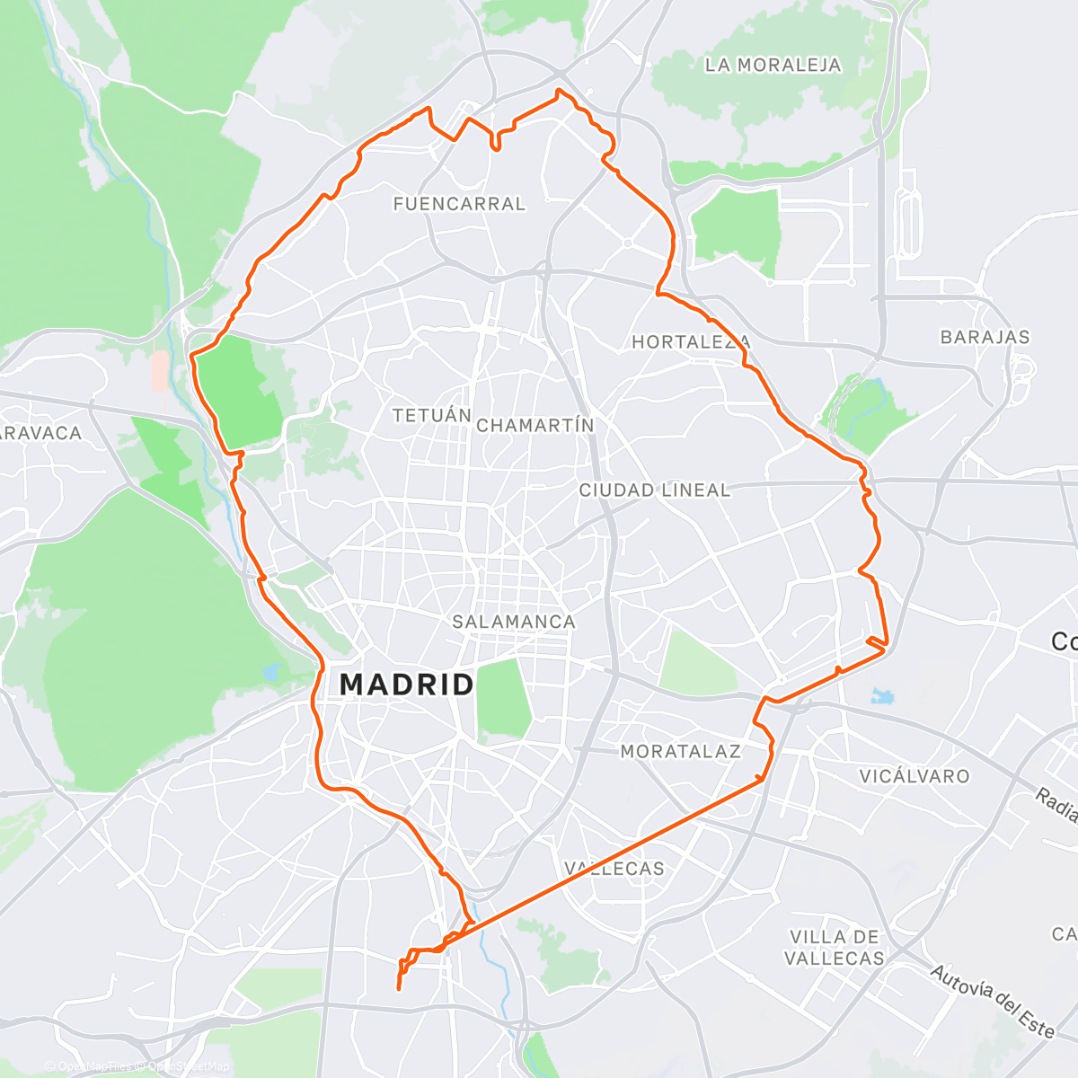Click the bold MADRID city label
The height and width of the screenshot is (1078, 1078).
[407, 685]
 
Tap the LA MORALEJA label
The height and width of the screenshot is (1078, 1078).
[773, 65]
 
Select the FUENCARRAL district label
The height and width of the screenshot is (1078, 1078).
[459, 204]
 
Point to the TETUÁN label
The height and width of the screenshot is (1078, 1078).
[432, 415]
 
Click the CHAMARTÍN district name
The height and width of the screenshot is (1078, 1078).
[535, 425]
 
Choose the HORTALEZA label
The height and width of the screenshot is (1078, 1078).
[691, 341]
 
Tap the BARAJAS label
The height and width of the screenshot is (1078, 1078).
[985, 337]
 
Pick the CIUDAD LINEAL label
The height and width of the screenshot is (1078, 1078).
[655, 490]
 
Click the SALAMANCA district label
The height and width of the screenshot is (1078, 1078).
[514, 622]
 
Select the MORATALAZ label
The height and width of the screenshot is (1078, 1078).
[680, 751]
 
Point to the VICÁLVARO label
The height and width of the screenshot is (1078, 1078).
[915, 776]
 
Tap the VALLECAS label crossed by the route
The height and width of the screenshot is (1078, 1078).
[615, 869]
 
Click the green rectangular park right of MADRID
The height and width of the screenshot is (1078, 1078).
[503, 698]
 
